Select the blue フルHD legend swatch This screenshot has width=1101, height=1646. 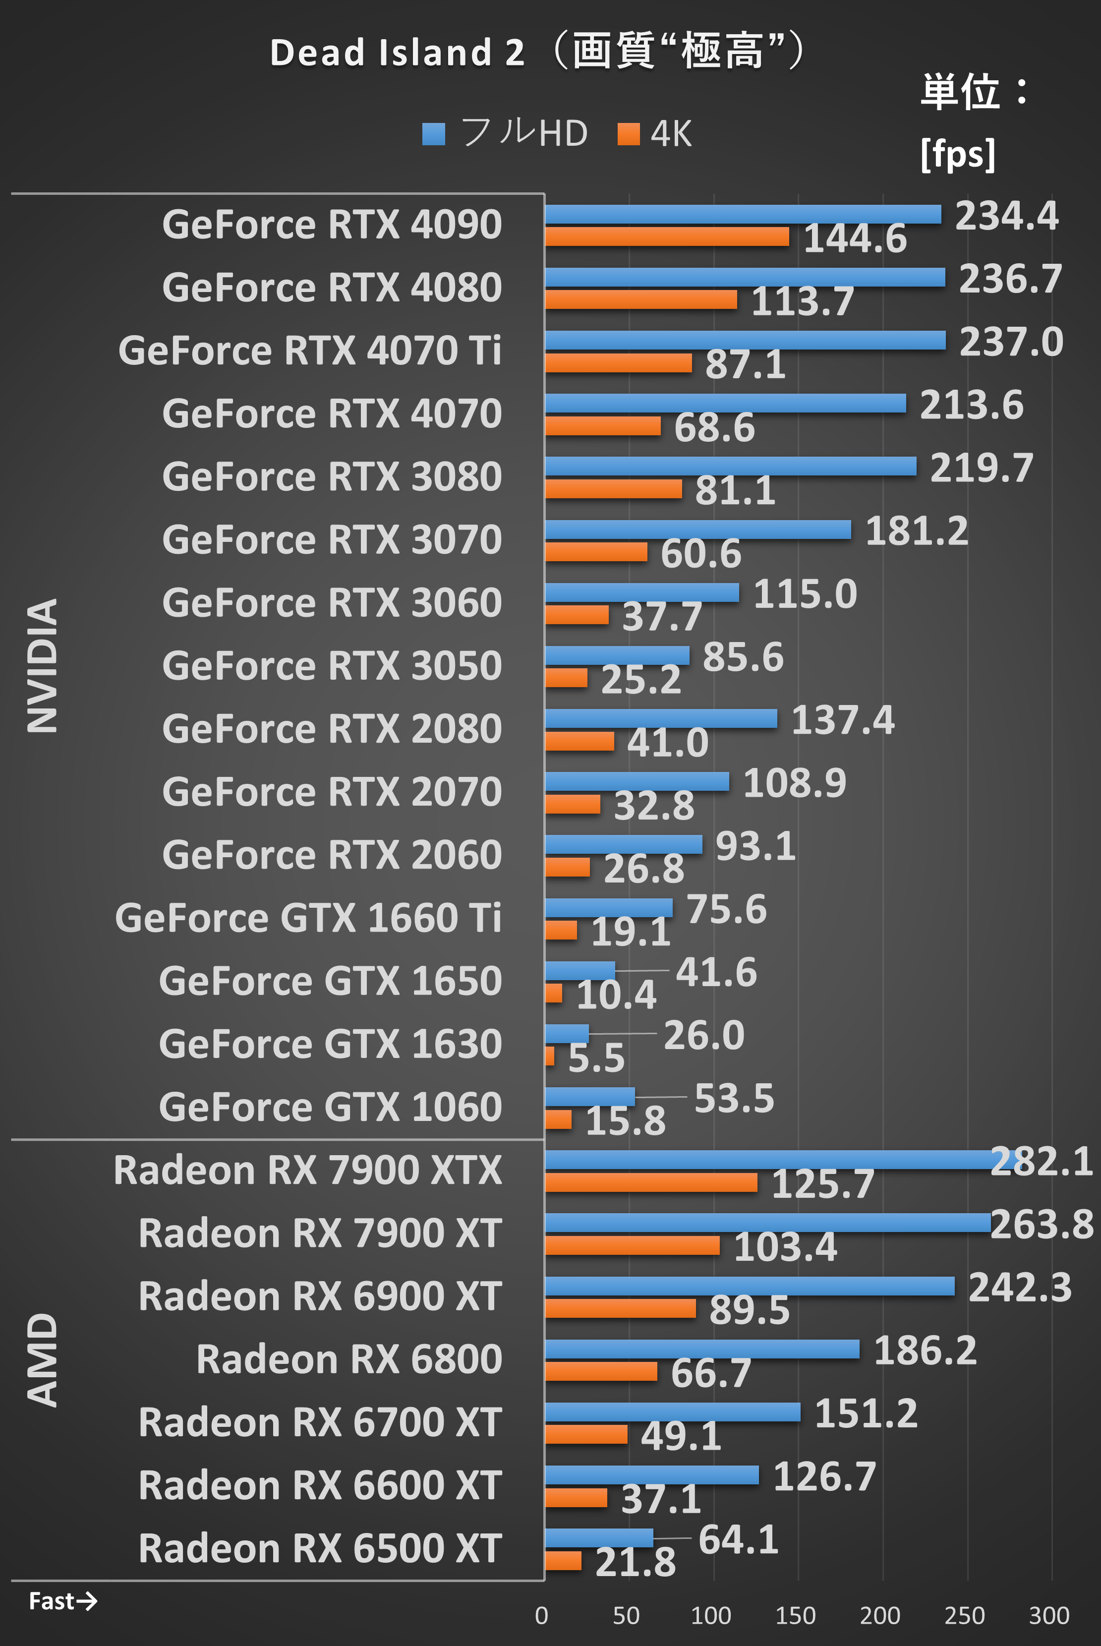[433, 133]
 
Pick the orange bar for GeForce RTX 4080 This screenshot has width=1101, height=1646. [640, 300]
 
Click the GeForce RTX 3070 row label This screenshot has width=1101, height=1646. [332, 539]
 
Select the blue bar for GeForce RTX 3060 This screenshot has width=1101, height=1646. [642, 592]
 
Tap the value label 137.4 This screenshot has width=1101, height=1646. [843, 720]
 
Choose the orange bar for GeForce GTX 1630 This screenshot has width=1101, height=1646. [549, 1056]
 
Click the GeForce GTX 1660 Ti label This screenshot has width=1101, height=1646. [308, 918]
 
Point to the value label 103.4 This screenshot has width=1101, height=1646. [785, 1247]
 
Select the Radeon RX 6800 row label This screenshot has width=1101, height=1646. [349, 1359]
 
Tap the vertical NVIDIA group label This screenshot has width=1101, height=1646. [42, 666]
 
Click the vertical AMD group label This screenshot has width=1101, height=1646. [42, 1360]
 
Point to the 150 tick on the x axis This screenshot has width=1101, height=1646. [795, 1616]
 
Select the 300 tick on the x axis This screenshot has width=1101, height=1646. [1048, 1616]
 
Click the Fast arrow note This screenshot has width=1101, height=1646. [62, 1601]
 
